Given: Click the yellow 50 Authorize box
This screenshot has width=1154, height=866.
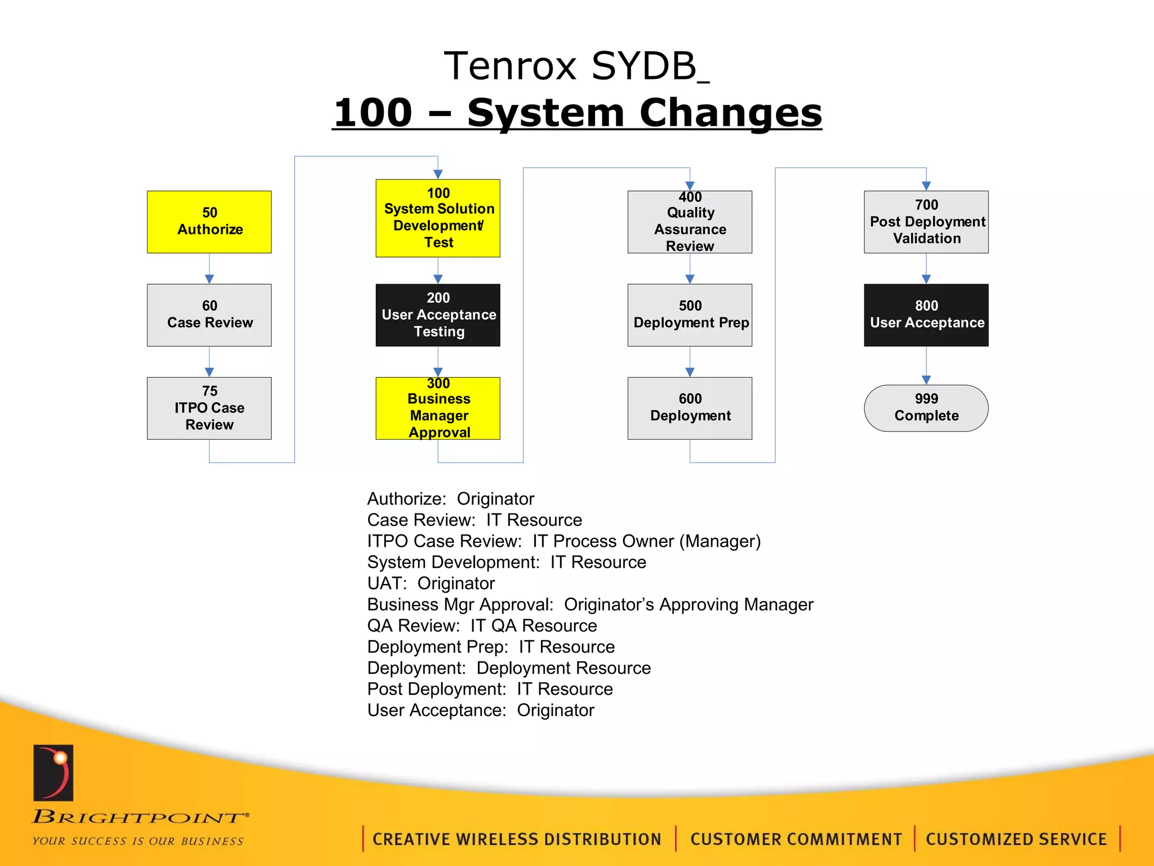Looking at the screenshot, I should [x=209, y=222].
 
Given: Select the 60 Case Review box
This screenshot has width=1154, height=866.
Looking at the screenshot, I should [x=209, y=315].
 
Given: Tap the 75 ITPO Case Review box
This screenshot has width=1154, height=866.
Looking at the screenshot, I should [x=209, y=408].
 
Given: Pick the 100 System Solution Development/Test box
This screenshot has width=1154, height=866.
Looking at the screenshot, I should [x=438, y=218].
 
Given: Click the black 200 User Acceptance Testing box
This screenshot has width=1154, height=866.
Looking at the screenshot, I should [x=438, y=315].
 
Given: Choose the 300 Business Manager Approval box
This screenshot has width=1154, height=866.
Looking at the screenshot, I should [x=438, y=408].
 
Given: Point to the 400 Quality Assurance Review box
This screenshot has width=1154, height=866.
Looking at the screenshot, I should [x=690, y=222].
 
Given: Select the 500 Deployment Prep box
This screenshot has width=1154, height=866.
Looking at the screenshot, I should [x=690, y=315].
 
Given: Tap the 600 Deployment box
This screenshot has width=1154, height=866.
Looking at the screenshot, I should [x=690, y=408].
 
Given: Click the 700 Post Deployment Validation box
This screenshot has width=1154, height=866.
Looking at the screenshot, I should [x=926, y=222].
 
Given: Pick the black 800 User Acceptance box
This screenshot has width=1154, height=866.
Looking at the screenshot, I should [x=926, y=315].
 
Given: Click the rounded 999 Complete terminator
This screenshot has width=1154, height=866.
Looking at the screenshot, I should [x=926, y=408].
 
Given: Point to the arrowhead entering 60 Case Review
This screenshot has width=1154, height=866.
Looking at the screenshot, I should [x=209, y=279].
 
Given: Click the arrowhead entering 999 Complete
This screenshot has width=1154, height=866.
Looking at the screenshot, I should [x=926, y=380].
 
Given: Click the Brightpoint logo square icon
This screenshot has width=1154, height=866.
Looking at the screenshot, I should [x=54, y=772].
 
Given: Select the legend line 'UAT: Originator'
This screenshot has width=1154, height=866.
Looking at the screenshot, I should [x=431, y=583].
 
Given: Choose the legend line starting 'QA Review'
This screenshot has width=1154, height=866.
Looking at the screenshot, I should [x=482, y=625].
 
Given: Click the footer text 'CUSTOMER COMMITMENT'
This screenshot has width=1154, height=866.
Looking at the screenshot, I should [x=796, y=839].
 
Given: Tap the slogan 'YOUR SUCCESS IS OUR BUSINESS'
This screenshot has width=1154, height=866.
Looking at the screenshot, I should [x=138, y=841].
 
